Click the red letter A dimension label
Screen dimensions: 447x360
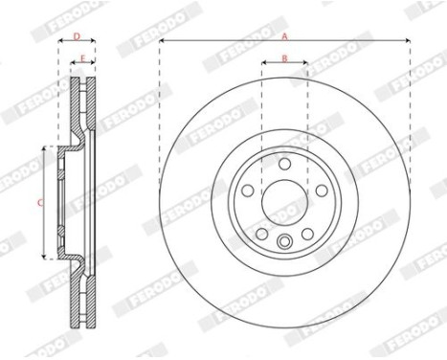[284, 36]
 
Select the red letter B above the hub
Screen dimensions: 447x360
[284, 58]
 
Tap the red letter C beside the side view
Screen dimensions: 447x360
[40, 202]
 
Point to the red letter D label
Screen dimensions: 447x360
[77, 36]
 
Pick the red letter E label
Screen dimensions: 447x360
[82, 58]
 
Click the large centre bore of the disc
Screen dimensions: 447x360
[284, 203]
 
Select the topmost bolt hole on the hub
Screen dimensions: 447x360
[284, 164]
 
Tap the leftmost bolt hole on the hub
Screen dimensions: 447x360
[248, 191]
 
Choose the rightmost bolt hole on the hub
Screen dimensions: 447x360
[322, 191]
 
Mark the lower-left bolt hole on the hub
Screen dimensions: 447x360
[262, 234]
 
